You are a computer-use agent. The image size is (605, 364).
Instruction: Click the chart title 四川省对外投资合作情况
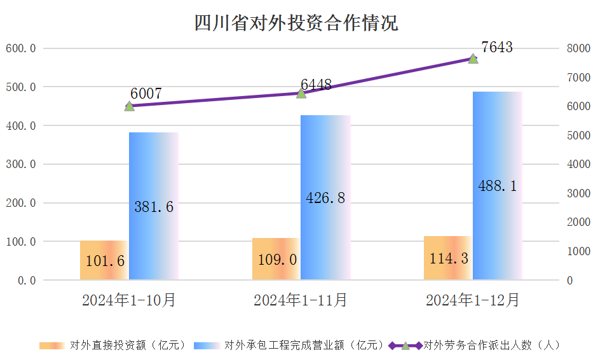[296, 24]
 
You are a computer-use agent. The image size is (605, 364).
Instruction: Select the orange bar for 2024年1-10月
[104, 260]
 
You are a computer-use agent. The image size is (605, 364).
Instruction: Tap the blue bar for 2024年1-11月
[325, 197]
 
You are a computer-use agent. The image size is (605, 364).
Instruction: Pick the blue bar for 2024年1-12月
[498, 186]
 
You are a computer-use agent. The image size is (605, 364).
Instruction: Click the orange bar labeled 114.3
[448, 258]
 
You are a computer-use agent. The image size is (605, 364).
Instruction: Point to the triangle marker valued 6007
[130, 106]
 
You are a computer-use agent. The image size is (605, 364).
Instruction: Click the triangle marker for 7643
[473, 58]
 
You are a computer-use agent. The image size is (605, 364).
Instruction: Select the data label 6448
[316, 85]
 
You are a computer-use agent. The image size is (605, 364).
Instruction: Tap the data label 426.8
[325, 198]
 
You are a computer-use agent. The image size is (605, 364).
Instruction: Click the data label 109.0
[278, 260]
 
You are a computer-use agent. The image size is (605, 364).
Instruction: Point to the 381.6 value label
[154, 206]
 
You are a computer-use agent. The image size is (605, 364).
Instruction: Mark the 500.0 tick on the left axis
[21, 87]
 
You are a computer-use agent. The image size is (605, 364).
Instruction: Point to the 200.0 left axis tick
[21, 203]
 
